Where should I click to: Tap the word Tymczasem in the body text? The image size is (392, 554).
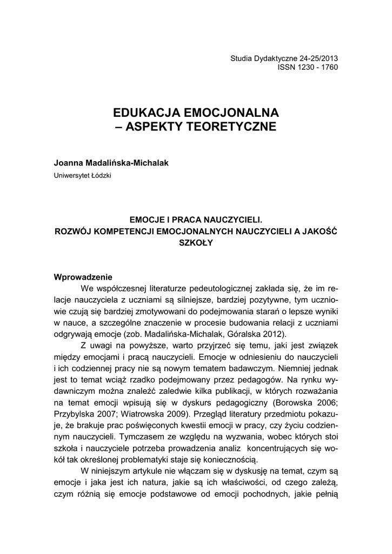[142, 437]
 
